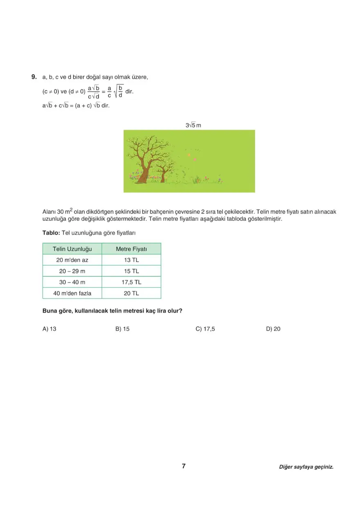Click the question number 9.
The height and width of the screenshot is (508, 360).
[x=34, y=77]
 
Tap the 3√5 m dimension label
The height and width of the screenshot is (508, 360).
[x=193, y=125]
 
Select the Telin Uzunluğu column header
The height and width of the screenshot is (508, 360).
[x=72, y=249]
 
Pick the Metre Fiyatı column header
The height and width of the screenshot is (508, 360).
[x=131, y=249]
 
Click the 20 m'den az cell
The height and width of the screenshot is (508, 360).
[x=72, y=260]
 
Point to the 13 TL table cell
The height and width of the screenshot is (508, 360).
[x=131, y=260]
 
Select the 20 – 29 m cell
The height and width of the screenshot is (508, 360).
[x=72, y=271]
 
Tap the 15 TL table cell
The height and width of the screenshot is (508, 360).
[x=131, y=271]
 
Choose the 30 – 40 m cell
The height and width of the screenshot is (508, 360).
[x=72, y=282]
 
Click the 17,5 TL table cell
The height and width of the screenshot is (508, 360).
[x=131, y=282]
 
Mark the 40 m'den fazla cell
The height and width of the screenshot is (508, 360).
[x=72, y=293]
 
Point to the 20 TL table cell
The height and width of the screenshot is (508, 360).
[x=131, y=293]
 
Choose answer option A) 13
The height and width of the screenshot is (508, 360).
[x=49, y=328]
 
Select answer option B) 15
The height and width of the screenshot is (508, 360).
[x=122, y=328]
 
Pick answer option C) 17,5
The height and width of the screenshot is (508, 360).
[x=205, y=328]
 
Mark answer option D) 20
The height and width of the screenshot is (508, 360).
[x=273, y=328]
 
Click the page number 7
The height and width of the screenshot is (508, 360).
[x=184, y=466]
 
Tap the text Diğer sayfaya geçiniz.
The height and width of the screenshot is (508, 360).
[x=306, y=467]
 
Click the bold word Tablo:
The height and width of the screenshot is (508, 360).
[x=51, y=232]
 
